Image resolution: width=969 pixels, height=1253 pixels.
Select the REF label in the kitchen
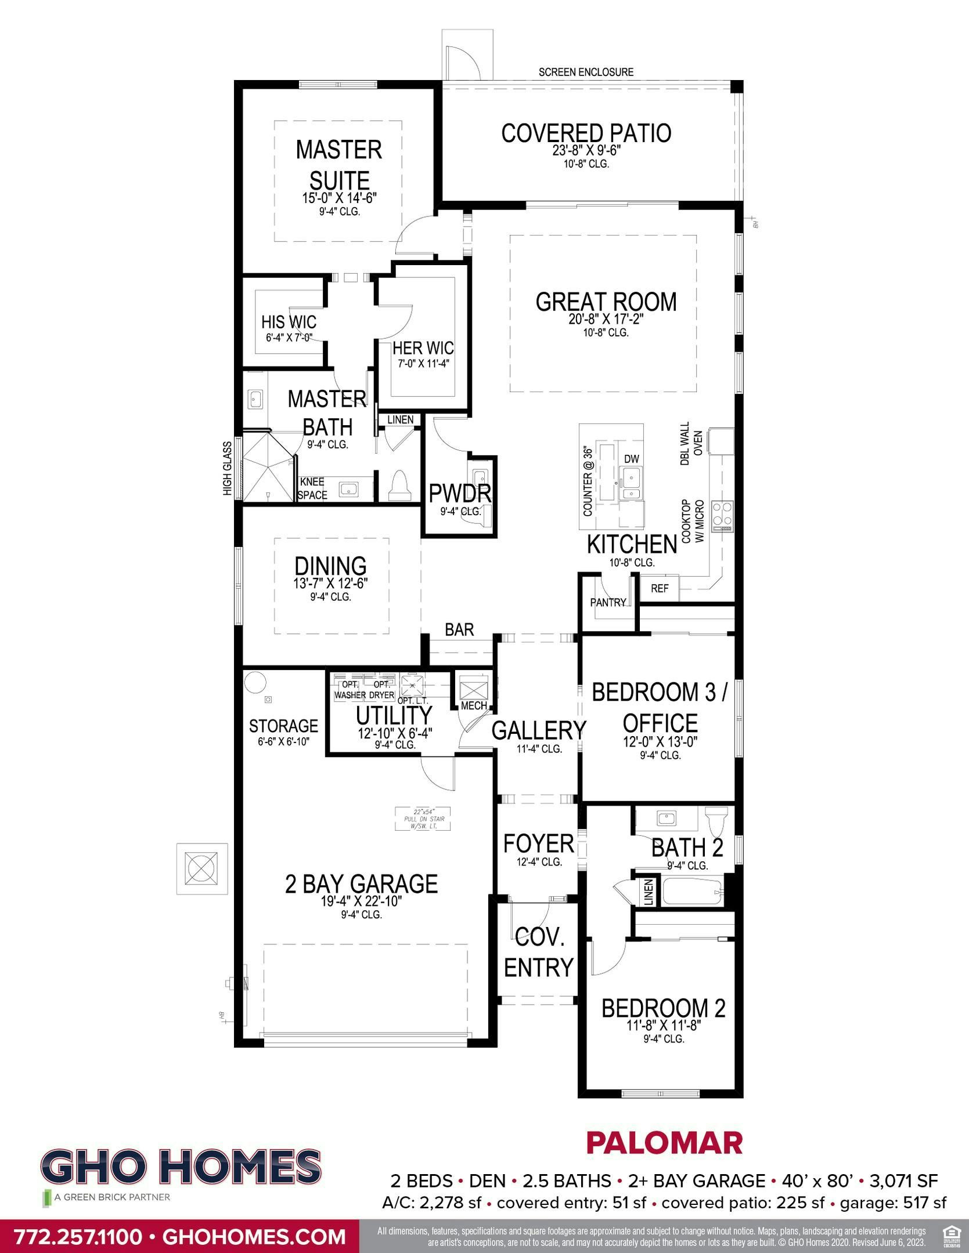coord(660,588)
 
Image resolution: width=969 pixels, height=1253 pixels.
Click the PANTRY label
coord(608,602)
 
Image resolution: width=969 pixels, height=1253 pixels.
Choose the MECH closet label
coord(474,705)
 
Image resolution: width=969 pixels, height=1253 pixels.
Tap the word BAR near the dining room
coord(459,629)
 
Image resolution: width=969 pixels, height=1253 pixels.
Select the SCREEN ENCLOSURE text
coord(586,73)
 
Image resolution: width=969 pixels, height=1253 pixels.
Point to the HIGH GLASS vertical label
coord(227,469)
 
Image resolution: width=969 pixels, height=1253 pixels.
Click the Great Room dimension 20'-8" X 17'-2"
coord(606,319)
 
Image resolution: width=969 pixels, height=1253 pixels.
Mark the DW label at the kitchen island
coord(631,459)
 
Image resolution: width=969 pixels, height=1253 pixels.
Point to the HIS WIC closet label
coord(289,321)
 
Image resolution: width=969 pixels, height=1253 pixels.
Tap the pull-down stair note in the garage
coord(423,818)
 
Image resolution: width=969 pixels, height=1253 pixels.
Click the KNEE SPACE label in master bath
coord(312,488)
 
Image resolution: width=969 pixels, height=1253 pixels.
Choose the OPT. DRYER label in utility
coord(381,689)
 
